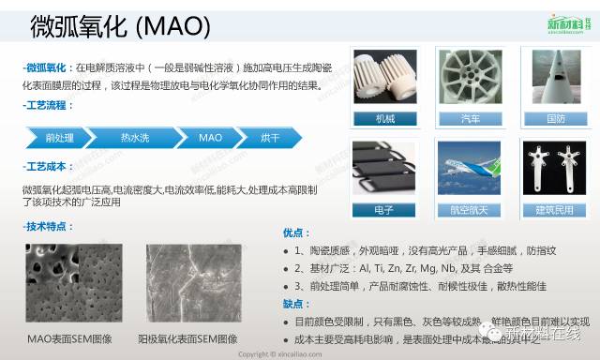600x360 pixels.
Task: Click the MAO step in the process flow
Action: [210, 138]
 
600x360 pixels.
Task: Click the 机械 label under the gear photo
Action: [386, 119]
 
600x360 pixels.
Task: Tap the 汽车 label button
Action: [472, 119]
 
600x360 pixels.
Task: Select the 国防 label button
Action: [555, 119]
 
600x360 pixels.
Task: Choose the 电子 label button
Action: [386, 209]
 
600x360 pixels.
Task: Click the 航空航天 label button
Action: [472, 209]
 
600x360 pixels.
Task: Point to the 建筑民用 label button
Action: [555, 209]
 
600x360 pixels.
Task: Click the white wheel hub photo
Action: [472, 79]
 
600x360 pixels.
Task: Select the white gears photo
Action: [386, 79]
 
